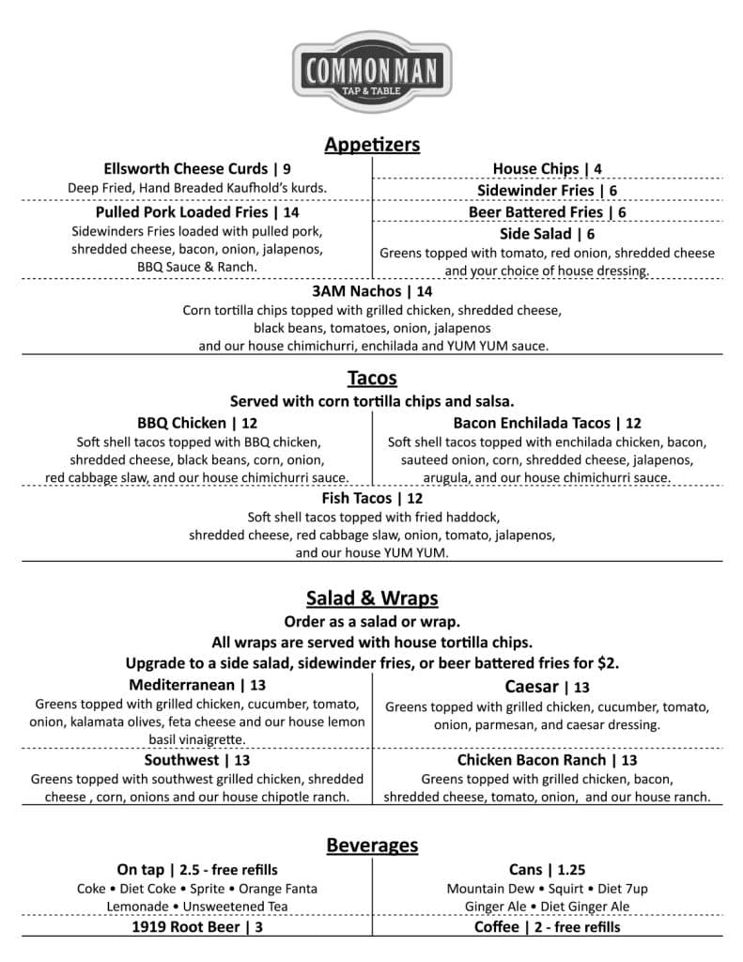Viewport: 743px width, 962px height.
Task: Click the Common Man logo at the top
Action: pyautogui.click(x=371, y=71)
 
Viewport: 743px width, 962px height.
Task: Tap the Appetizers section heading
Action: pyautogui.click(x=371, y=145)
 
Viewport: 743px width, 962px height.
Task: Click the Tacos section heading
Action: pyautogui.click(x=371, y=378)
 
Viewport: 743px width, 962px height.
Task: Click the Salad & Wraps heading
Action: pyautogui.click(x=371, y=598)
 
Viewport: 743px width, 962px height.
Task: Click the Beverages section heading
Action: pyautogui.click(x=371, y=846)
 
